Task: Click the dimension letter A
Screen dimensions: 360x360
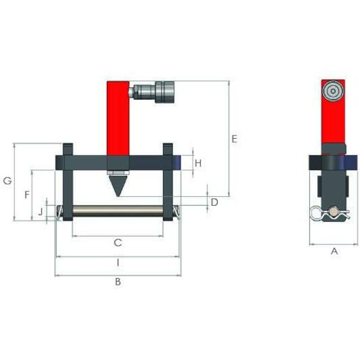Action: click(334, 251)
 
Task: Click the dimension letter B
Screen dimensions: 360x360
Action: click(118, 282)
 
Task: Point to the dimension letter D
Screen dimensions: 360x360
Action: click(214, 202)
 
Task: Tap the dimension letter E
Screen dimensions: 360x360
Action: click(234, 139)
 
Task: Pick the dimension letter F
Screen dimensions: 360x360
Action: click(26, 195)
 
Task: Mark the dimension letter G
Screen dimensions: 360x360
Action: click(7, 181)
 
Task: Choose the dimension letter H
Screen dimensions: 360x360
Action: click(198, 162)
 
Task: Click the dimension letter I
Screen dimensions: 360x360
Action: click(117, 263)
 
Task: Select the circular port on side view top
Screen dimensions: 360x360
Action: click(332, 91)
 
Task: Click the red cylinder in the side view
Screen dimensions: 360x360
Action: click(332, 122)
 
